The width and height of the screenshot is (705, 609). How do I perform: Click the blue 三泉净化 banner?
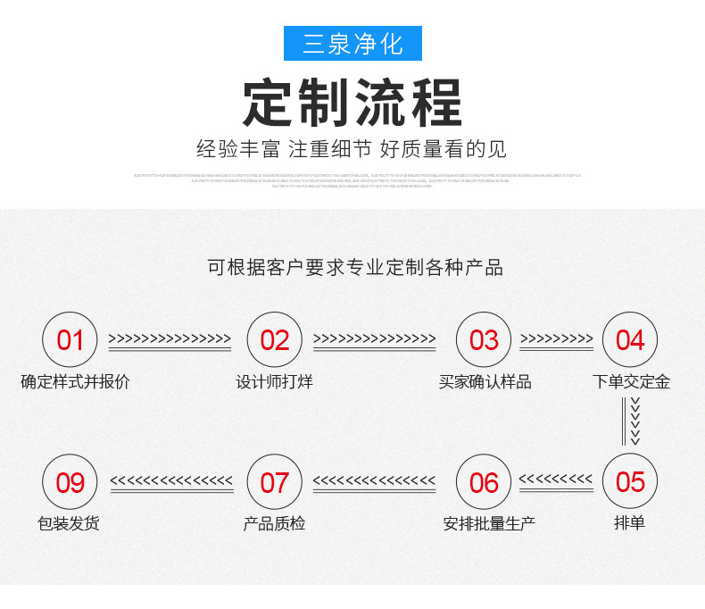point(352,43)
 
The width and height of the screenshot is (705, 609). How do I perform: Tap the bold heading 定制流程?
point(352,104)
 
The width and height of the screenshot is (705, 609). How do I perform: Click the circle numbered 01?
point(70,339)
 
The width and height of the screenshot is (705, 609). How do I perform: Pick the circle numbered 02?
point(274,339)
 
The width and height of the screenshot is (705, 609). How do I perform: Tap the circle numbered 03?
point(484,339)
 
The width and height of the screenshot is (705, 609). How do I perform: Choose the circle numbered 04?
point(630,339)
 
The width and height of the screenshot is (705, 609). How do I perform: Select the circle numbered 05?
point(630,481)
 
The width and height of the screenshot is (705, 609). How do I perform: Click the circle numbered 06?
point(484,482)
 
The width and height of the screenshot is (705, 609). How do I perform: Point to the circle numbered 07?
point(274,482)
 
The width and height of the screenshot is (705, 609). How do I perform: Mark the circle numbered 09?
point(70,482)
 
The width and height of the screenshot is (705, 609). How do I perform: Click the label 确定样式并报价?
point(76,382)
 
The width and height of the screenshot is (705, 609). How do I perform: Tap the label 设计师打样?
point(274,382)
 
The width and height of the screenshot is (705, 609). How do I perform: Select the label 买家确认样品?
point(485,382)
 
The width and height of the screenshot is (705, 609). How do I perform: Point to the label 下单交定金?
point(631,382)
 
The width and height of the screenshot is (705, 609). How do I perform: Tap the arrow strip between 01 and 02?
point(170,340)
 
